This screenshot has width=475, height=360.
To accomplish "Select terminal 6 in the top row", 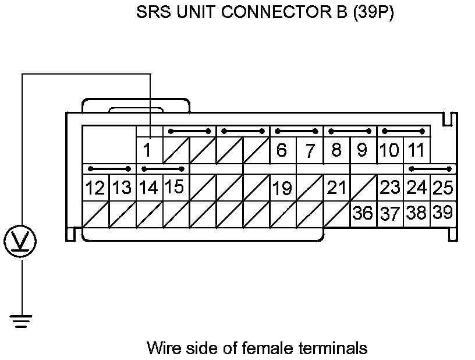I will pos(282,150).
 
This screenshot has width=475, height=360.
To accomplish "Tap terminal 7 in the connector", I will pos(310,151).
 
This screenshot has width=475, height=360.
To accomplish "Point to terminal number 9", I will pos(362,150).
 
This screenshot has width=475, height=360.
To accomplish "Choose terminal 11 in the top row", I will pos(416,150).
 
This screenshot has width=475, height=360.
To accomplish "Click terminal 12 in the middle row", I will pos(95,188).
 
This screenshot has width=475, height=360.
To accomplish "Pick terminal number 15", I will pos(175,187).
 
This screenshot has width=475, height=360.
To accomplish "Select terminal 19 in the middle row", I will pos(282,188).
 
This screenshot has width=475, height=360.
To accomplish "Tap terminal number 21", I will pos(336,188).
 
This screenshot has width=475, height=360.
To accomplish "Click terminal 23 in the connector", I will pos(389,188).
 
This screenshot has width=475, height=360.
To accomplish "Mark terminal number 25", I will pos(443,188).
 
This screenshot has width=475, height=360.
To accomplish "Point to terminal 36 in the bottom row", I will pos(363,213).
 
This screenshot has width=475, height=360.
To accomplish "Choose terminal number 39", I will pos(443,213).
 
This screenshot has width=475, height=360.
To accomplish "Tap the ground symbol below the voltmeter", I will pos(22,320).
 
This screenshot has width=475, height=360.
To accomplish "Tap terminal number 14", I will pos(148,188).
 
